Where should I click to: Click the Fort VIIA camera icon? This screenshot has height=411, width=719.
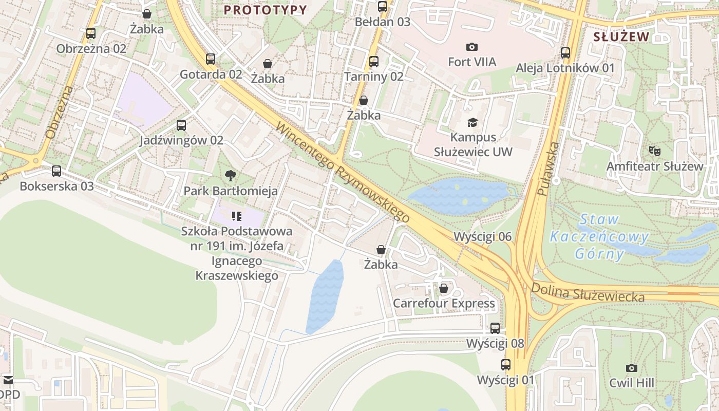pyautogui.click(x=471, y=47)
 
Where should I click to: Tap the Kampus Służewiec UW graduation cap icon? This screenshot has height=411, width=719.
pyautogui.click(x=472, y=122)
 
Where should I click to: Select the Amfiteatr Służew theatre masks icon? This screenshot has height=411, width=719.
pyautogui.click(x=654, y=151)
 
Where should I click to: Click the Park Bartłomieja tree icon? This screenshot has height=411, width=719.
pyautogui.click(x=231, y=176)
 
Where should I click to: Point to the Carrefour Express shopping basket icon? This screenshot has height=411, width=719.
pyautogui.click(x=444, y=288)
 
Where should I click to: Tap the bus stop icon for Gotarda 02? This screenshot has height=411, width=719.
pyautogui.click(x=211, y=59)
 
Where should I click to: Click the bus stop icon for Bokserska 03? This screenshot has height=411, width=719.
pyautogui.click(x=56, y=171)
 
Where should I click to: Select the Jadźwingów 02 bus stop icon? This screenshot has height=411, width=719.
pyautogui.click(x=181, y=125)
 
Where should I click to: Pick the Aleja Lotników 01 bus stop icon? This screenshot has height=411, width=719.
pyautogui.click(x=565, y=52)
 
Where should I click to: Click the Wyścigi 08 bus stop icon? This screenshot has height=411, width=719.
pyautogui.click(x=495, y=328)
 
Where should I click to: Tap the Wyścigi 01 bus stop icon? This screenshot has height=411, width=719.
pyautogui.click(x=506, y=365)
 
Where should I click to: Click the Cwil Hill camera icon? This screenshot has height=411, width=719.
pyautogui.click(x=632, y=368)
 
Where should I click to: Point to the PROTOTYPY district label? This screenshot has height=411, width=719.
pyautogui.click(x=266, y=10)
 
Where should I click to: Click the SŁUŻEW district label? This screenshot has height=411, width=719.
pyautogui.click(x=621, y=36)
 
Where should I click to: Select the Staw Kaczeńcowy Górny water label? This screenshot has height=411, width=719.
pyautogui.click(x=599, y=236)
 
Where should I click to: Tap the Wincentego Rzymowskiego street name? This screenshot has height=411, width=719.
pyautogui.click(x=343, y=173)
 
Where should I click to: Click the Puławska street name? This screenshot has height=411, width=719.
pyautogui.click(x=548, y=169)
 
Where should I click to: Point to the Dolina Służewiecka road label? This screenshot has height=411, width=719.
pyautogui.click(x=588, y=293)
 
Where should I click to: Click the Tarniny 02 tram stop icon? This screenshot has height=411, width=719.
pyautogui.click(x=374, y=62)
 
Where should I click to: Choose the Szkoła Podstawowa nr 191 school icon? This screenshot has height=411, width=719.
pyautogui.click(x=236, y=216)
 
